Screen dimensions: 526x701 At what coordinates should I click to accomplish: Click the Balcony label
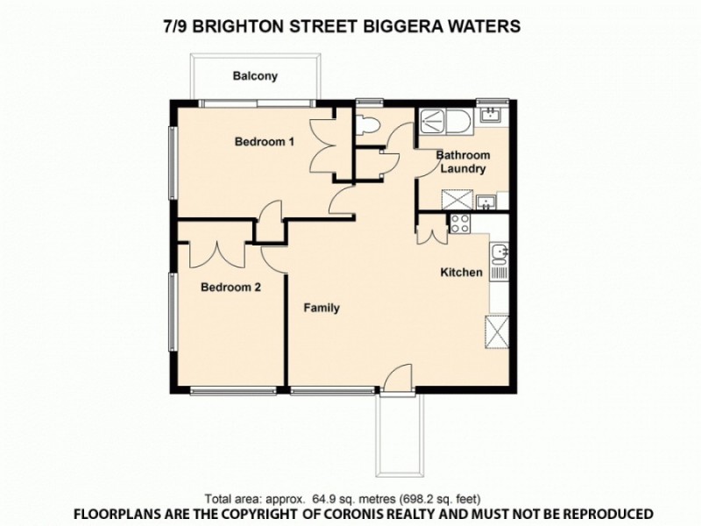(255, 76)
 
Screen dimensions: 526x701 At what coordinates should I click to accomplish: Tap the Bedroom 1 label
(264, 142)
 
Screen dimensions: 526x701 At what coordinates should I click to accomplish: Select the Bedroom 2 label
(230, 287)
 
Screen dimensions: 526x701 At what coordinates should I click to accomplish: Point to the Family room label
(322, 308)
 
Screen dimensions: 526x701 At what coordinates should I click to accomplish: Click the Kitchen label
(461, 273)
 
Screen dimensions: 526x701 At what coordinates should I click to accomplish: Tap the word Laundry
(463, 168)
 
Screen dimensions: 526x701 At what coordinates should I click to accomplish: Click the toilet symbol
(369, 124)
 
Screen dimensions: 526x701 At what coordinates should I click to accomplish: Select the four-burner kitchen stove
(461, 223)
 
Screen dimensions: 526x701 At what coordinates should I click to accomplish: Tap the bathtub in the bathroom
(446, 120)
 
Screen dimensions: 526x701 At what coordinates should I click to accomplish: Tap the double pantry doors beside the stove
(432, 232)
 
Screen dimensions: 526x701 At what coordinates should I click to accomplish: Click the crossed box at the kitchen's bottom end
(499, 333)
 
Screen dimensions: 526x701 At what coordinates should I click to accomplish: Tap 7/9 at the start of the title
(176, 26)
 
